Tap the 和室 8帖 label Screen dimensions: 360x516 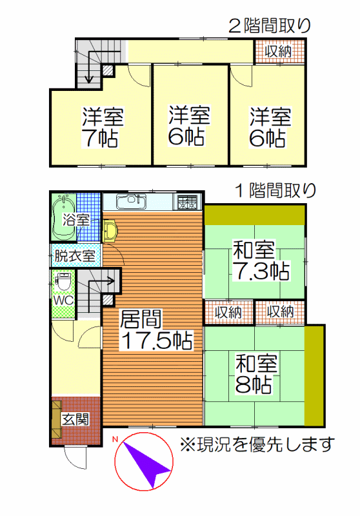point(256,374)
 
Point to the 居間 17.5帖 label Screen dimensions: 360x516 point(156,330)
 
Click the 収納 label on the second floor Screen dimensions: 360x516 point(279,51)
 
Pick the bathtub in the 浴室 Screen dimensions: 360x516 point(63,217)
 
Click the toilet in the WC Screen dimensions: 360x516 point(63,281)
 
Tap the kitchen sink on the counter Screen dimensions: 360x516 point(132,201)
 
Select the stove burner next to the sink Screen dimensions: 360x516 point(187,201)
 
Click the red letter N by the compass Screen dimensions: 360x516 point(115,439)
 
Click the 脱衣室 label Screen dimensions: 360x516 point(75,255)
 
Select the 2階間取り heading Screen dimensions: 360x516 point(270,26)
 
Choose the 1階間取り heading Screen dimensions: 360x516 point(275,191)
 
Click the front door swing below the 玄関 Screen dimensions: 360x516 point(75,458)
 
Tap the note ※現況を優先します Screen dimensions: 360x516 point(257,445)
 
